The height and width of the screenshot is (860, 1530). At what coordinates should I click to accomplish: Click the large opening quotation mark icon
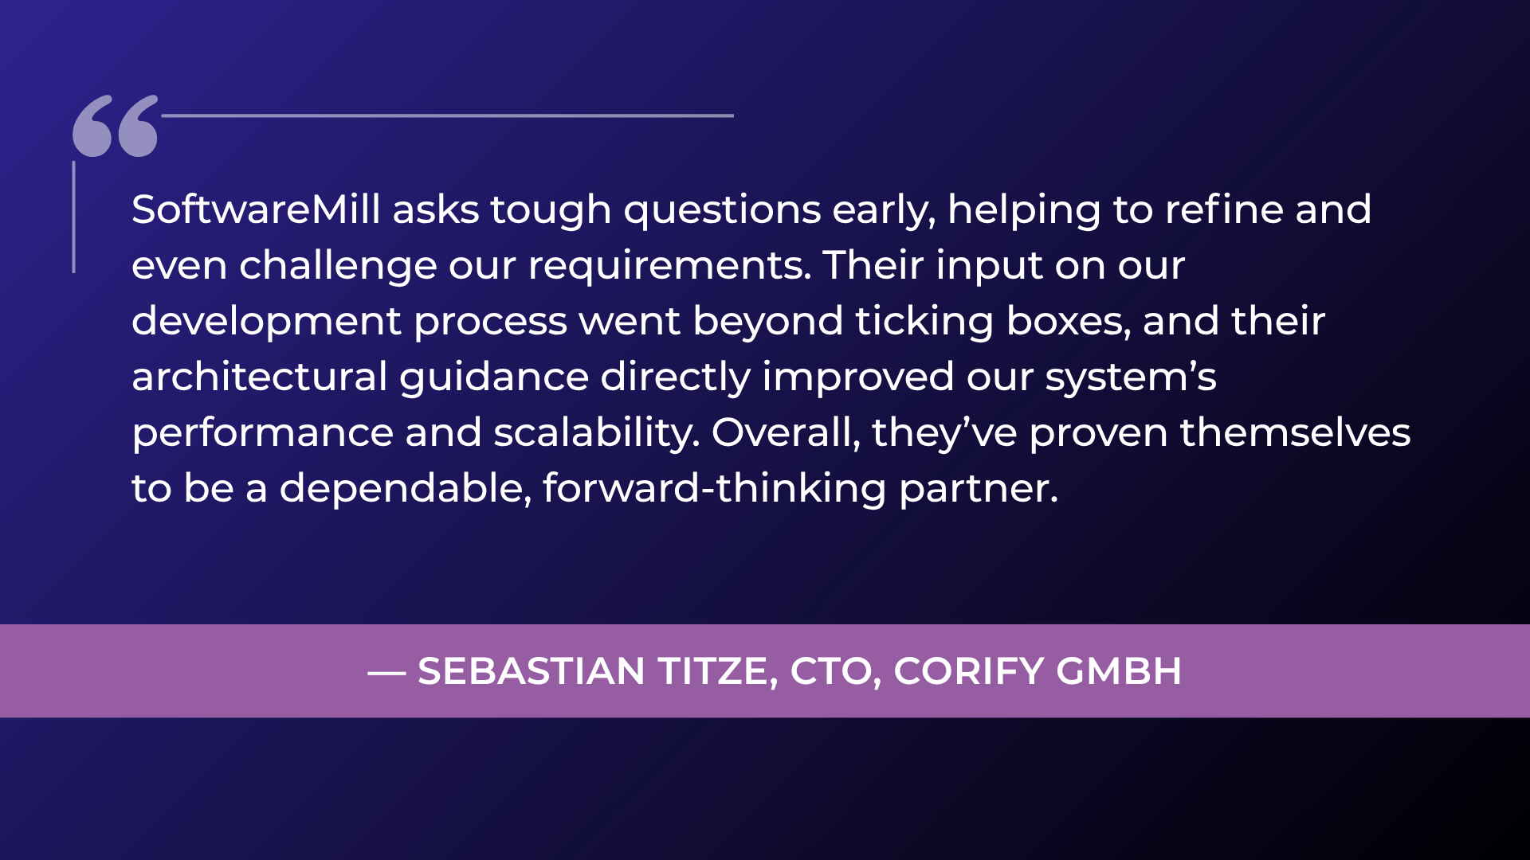116,126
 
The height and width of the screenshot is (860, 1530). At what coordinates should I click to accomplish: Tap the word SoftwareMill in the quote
256,209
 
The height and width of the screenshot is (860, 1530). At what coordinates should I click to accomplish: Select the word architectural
260,377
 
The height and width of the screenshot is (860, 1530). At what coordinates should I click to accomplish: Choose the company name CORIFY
969,671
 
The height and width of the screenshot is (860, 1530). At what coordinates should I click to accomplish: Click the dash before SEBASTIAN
387,673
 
